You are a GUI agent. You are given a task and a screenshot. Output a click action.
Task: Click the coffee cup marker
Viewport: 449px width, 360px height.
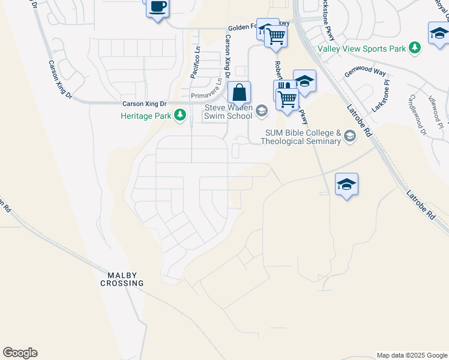pos(157,8)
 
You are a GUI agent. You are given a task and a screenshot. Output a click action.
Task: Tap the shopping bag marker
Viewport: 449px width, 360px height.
pos(239,93)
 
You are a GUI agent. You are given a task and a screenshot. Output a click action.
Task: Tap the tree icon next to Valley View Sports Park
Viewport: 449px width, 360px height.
pos(414,47)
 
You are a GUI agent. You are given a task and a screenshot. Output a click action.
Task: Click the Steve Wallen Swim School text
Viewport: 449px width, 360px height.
pos(229,112)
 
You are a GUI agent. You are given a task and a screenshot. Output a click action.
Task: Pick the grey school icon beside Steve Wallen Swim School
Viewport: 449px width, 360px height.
pos(261,110)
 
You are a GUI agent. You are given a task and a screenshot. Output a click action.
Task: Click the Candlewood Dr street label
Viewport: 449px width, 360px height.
pos(416,114)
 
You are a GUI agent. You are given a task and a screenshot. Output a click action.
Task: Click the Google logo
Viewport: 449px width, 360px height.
pos(20,353)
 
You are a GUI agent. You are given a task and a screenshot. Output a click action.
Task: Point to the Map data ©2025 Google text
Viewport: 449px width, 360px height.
pos(411,355)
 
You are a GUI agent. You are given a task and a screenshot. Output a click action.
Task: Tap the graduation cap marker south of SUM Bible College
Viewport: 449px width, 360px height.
pos(346,184)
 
